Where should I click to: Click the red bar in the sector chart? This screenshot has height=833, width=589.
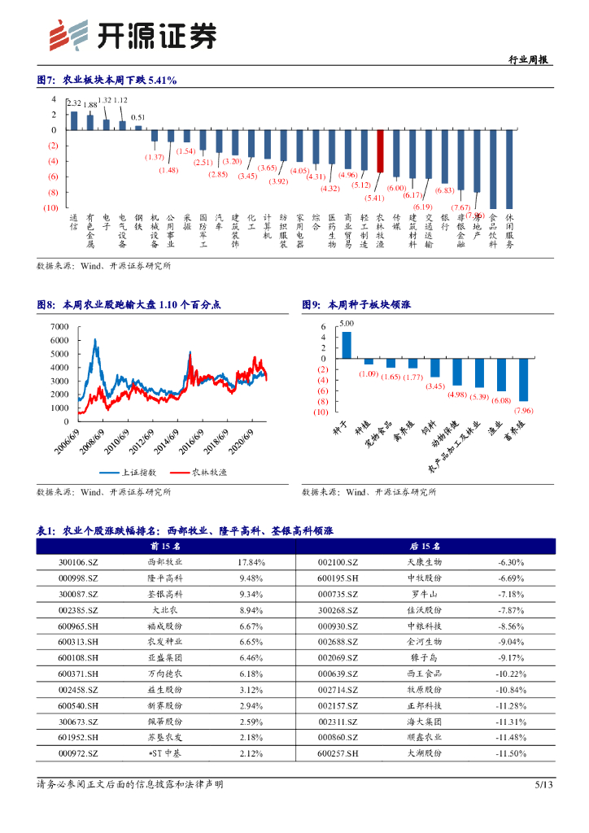[380, 150]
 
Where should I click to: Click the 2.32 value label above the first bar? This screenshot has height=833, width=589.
[74, 103]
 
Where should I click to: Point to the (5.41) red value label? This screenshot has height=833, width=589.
[374, 198]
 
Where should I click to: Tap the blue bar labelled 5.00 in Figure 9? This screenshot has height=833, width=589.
[347, 344]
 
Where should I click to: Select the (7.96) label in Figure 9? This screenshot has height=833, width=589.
[523, 410]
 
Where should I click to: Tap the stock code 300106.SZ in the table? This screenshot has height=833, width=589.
[78, 562]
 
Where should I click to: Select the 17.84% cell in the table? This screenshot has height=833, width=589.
[251, 562]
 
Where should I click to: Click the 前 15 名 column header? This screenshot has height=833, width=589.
[164, 546]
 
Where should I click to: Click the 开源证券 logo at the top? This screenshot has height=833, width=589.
[133, 34]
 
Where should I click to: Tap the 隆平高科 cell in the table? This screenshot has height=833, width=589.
[164, 578]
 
